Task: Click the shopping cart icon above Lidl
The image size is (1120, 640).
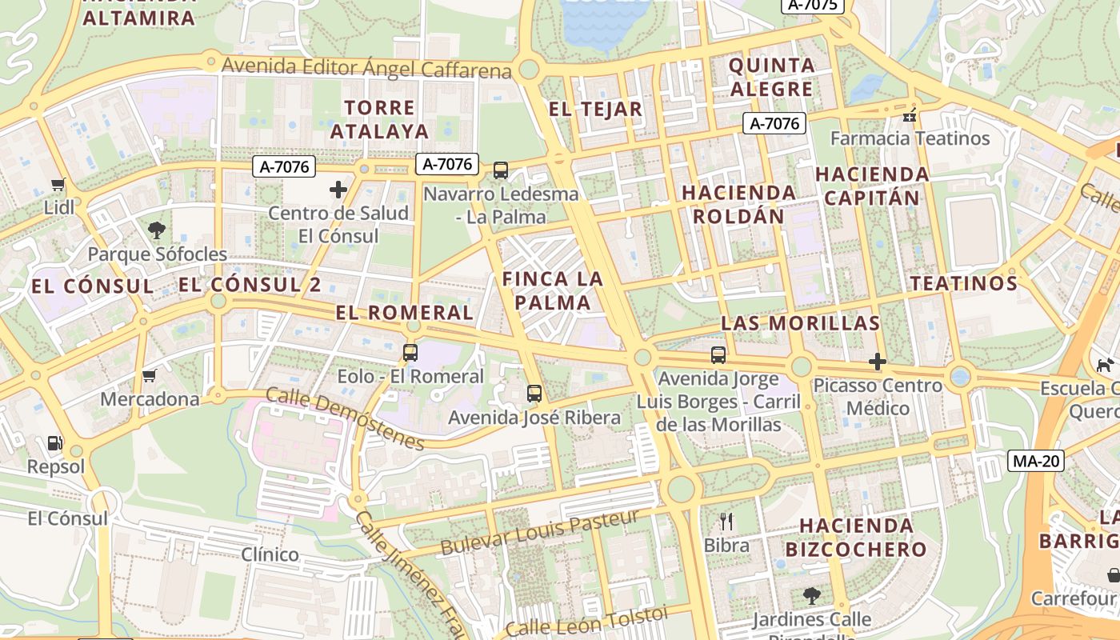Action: pyautogui.click(x=58, y=185)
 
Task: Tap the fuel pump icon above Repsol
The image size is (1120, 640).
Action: pyautogui.click(x=54, y=442)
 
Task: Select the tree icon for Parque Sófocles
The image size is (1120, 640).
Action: pyautogui.click(x=157, y=230)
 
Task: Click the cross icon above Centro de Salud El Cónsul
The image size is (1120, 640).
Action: pyautogui.click(x=338, y=190)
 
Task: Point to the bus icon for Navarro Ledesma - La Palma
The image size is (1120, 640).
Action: pyautogui.click(x=501, y=170)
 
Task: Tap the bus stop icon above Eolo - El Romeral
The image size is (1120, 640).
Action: pyautogui.click(x=410, y=352)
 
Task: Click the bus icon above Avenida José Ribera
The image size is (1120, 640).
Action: pyautogui.click(x=534, y=393)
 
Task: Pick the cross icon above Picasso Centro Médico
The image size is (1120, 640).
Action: pyautogui.click(x=878, y=362)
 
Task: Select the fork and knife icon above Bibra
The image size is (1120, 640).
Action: pyautogui.click(x=726, y=522)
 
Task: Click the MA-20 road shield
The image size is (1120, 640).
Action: pyautogui.click(x=1035, y=461)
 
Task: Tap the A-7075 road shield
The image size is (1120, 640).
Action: pyautogui.click(x=813, y=5)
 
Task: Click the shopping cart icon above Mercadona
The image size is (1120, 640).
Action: pyautogui.click(x=149, y=375)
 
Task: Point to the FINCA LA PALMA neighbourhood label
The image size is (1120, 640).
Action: pyautogui.click(x=552, y=290)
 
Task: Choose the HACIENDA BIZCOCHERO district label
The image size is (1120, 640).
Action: pyautogui.click(x=856, y=538)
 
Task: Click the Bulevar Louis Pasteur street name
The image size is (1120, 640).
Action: pyautogui.click(x=540, y=533)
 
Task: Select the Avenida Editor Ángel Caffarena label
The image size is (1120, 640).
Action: pyautogui.click(x=366, y=68)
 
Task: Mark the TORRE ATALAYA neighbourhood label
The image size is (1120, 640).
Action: pyautogui.click(x=380, y=119)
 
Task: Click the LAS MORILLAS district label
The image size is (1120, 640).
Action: pyautogui.click(x=800, y=323)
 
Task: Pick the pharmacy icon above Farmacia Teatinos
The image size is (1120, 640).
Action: pyautogui.click(x=909, y=115)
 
